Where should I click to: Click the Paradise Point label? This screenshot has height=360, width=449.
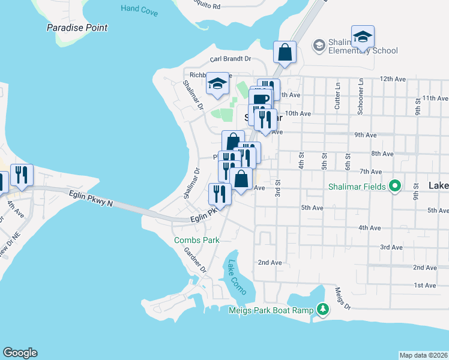coord(77,28)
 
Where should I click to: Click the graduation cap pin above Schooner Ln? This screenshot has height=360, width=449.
coord(363,37)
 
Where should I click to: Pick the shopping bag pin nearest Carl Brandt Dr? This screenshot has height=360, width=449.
coord(285,52)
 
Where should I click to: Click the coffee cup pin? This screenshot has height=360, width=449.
coord(260,98)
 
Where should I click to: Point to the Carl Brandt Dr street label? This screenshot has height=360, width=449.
coord(230,59)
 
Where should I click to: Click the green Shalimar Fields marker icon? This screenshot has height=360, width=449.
coord(394,187)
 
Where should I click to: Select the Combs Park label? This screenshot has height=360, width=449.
coord(197,240)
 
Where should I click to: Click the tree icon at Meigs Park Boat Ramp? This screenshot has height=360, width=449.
coord(324,309)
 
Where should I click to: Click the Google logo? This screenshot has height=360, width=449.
coord(20,353)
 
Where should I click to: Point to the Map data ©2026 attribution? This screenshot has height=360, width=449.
coord(424,355)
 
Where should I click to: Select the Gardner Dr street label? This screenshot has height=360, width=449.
coord(195,260)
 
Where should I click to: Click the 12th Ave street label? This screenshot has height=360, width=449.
coord(393,79)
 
